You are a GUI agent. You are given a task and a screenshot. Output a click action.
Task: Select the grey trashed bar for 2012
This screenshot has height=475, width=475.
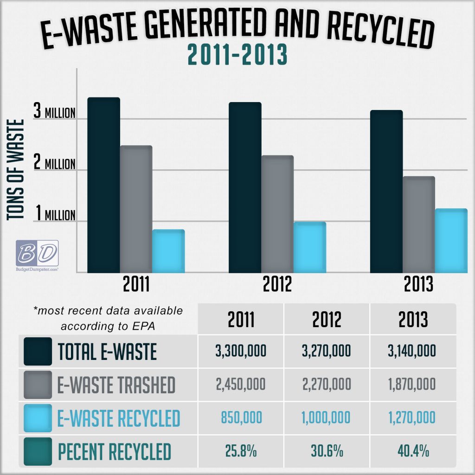click(x=277, y=213)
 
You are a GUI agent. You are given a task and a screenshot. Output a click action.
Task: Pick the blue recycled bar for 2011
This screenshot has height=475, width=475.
click(x=168, y=250)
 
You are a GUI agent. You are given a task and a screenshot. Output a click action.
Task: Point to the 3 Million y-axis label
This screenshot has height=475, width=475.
click(x=54, y=112)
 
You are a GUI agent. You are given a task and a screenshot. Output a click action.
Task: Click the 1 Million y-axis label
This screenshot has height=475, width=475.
click(x=54, y=215)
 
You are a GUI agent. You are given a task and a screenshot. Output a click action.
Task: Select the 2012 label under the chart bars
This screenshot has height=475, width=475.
click(x=277, y=284)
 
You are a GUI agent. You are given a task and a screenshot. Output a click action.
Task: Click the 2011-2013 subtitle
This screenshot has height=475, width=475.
click(x=237, y=56)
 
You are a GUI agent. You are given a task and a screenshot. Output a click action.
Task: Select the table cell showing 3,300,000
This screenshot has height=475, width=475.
click(x=241, y=351)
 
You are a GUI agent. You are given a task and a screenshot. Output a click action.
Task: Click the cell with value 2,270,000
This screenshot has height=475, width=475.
click(x=327, y=384)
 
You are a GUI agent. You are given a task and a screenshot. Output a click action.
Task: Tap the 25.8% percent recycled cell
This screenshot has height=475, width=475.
click(x=241, y=451)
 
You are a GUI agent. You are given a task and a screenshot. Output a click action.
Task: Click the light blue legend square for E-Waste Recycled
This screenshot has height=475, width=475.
click(x=38, y=417)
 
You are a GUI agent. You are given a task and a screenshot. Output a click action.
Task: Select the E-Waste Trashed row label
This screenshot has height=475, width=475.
click(x=116, y=385)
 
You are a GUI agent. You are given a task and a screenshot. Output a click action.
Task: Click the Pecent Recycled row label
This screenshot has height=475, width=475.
click(x=114, y=451)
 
